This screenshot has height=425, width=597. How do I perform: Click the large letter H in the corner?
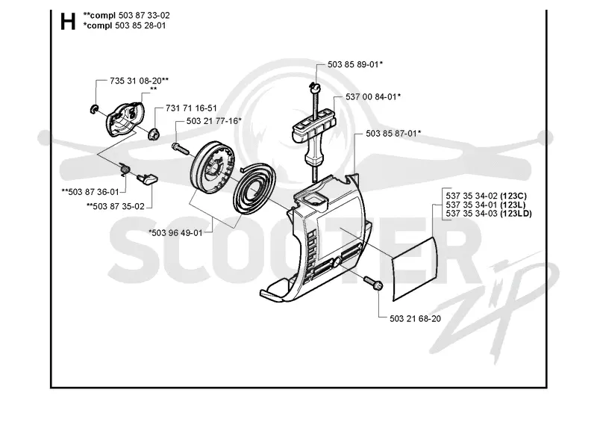tap(68, 22)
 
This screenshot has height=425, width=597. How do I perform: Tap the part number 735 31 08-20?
tap(136, 81)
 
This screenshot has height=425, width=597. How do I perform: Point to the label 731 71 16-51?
tap(191, 108)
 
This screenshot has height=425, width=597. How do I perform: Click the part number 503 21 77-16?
tap(212, 121)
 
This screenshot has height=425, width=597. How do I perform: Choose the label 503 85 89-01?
tap(353, 64)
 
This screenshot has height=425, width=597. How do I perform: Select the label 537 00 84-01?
tap(371, 97)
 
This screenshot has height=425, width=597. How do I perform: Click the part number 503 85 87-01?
tap(391, 134)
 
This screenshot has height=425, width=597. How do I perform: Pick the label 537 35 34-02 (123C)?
tap(487, 196)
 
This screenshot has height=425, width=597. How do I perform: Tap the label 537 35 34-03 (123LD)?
tap(489, 214)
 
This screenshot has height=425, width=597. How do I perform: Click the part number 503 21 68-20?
tap(416, 319)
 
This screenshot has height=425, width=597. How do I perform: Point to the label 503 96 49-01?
tap(178, 232)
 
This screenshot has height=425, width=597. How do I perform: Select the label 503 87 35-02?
tap(119, 207)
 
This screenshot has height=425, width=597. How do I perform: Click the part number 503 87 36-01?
tap(94, 192)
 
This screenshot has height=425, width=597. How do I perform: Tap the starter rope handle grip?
tap(314, 131)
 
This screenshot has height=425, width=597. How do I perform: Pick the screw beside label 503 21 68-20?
tap(373, 283)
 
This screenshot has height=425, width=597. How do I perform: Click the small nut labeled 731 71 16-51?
tap(154, 134)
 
